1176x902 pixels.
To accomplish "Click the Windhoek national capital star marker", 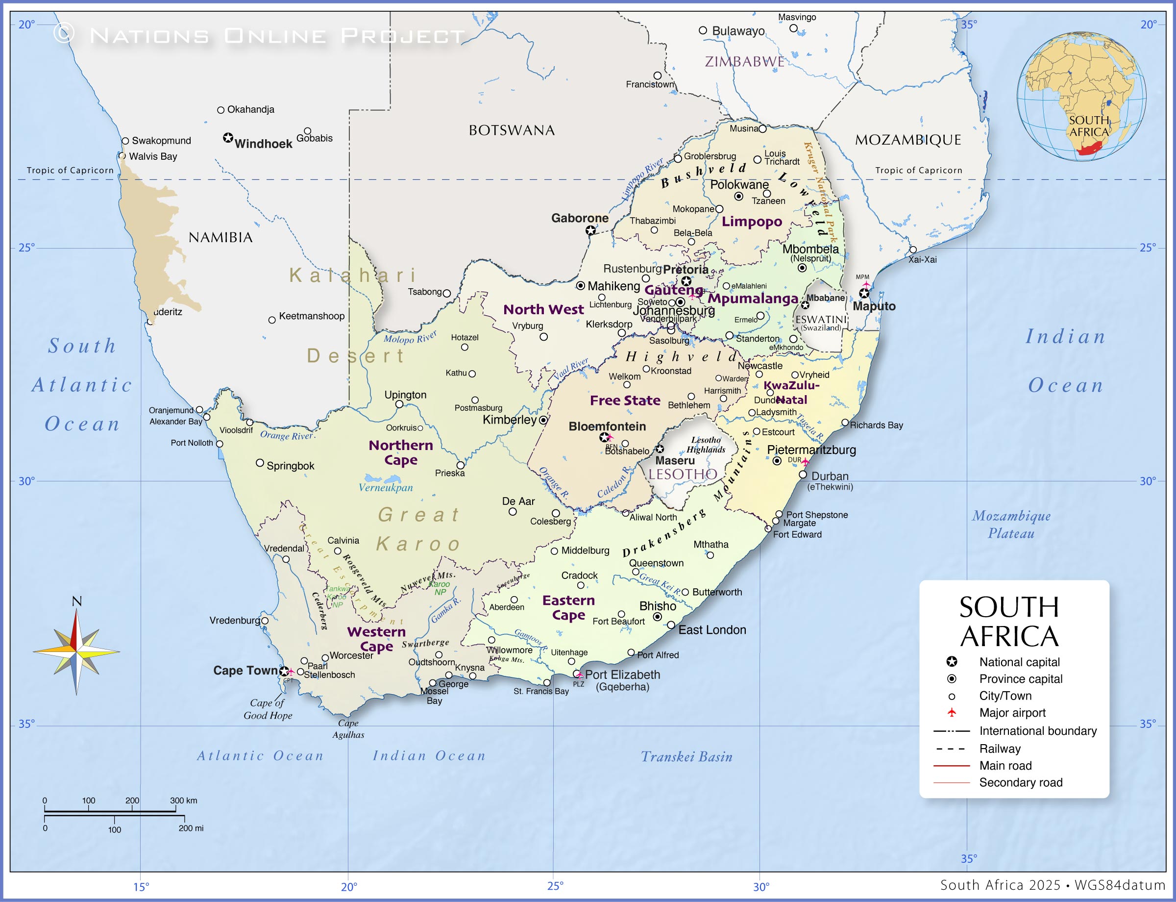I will tap(228, 138).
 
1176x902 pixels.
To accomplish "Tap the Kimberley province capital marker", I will tap(543, 420).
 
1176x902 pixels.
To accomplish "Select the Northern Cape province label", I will tap(400, 452).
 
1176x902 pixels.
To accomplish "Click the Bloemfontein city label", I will tap(607, 426).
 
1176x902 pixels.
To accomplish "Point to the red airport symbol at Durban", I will tap(805, 462).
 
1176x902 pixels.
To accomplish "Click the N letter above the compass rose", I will tap(77, 601).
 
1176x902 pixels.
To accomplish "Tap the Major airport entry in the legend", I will tap(1012, 712).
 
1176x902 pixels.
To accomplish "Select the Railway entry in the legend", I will tap(1000, 749).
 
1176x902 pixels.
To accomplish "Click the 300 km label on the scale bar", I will tap(184, 801).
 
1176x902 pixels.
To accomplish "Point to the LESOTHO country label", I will tap(683, 474).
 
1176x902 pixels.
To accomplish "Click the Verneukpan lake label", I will tap(385, 487).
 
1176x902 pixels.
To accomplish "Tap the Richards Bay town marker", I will tap(844, 423).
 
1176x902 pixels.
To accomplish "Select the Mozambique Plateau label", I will tap(1011, 525).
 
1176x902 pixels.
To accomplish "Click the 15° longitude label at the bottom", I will tap(141, 886).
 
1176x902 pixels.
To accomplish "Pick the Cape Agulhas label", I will tap(348, 728).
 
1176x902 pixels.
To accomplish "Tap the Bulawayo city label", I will tap(738, 31).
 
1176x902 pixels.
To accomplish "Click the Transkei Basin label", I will tap(686, 756).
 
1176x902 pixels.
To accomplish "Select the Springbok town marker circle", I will tap(260, 463).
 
